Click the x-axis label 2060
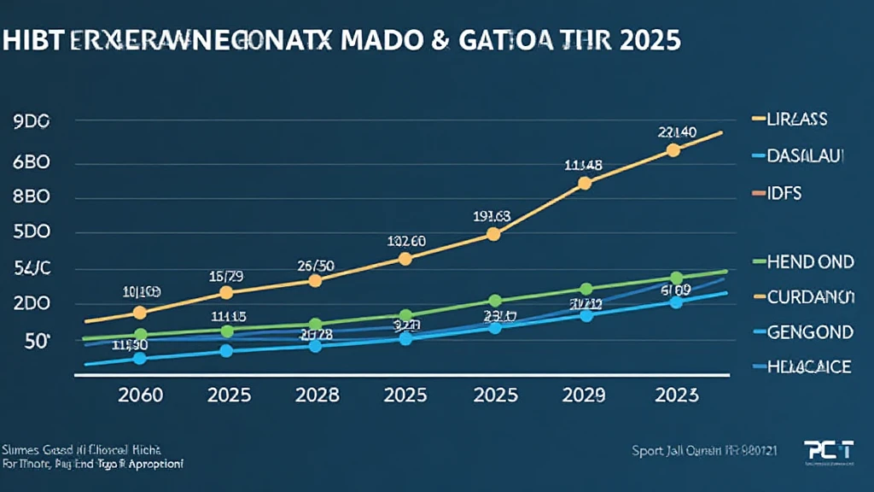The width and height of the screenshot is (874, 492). (141, 395)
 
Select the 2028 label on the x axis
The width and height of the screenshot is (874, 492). (316, 395)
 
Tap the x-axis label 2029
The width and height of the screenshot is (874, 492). (583, 395)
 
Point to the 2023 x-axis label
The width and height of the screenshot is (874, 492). (674, 395)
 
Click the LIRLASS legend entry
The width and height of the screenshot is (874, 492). (798, 120)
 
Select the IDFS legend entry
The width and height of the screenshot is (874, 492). (785, 193)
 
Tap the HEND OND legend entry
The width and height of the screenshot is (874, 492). (810, 261)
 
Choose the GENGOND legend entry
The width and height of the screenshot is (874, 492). (810, 331)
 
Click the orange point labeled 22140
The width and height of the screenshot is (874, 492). (673, 150)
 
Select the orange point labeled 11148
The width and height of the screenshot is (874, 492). (585, 183)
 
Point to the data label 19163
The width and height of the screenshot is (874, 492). (491, 216)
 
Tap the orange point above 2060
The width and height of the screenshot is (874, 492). (141, 313)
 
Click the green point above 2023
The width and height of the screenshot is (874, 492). (676, 278)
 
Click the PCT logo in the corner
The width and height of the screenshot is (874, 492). (828, 450)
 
